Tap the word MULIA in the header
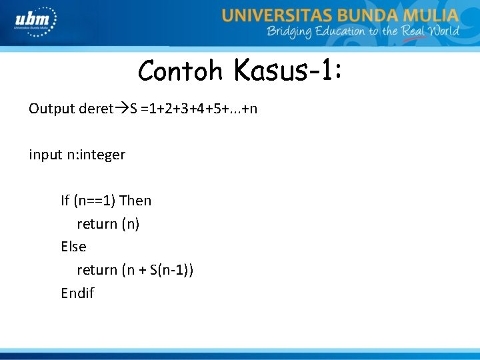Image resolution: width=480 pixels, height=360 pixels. [x=432, y=15]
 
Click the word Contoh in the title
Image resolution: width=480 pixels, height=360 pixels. [x=180, y=70]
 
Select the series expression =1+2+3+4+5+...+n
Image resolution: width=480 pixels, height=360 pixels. [x=199, y=108]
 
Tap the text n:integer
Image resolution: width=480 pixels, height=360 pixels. [x=95, y=155]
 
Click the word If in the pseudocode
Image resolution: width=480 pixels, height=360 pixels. [x=65, y=201]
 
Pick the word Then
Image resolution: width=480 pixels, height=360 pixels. [x=135, y=201]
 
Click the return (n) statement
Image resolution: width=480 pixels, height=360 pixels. [x=108, y=224]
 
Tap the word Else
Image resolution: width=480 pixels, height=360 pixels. [x=73, y=247]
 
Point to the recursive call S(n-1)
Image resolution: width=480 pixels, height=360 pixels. [x=169, y=270]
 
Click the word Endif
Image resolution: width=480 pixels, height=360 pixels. [x=77, y=293]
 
